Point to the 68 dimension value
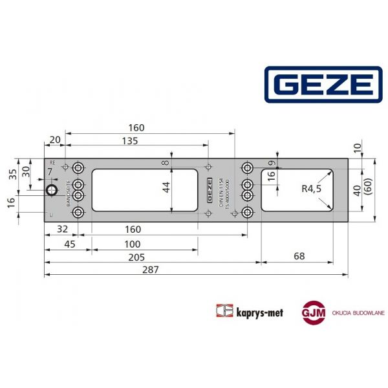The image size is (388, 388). pos(299,257)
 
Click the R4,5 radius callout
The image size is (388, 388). pos(311,189)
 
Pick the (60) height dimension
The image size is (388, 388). pos(367,189)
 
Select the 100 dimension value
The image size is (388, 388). pos(133,244)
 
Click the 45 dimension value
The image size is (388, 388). pos(69,244)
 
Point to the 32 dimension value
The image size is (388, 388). pos(63,229)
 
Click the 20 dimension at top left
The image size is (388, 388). pos(54,140)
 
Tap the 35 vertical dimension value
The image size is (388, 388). pos(13,174)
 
